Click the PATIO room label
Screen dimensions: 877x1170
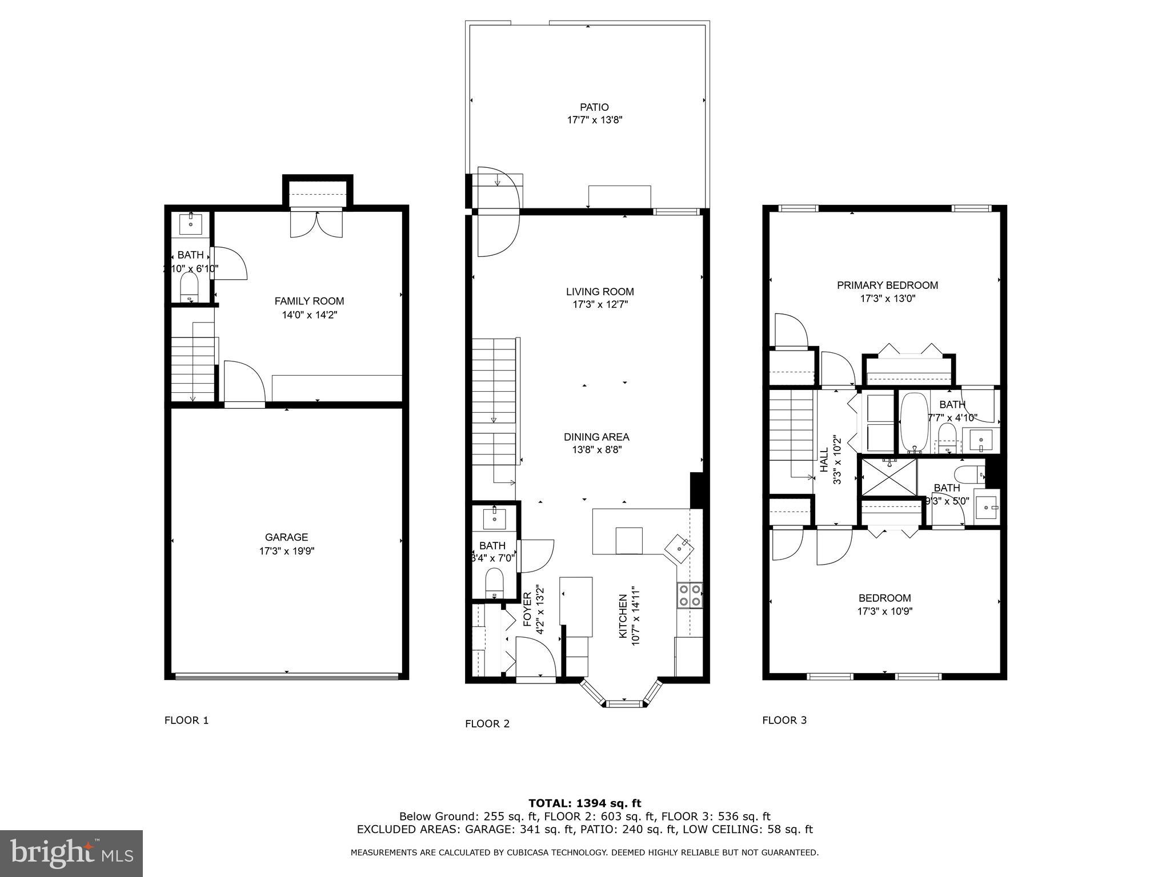tap(594, 107)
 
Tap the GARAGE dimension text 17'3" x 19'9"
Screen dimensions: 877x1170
tap(286, 551)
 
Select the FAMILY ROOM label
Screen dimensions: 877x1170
tap(309, 301)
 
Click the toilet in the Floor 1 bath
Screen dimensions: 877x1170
tap(189, 285)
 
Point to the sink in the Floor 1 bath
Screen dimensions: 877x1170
tap(190, 224)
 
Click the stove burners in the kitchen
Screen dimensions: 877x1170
tap(690, 595)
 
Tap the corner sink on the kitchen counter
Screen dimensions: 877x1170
tap(679, 546)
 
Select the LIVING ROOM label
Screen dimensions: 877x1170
tap(600, 291)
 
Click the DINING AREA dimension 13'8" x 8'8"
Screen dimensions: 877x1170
tap(596, 449)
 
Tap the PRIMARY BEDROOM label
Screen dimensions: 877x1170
tap(887, 285)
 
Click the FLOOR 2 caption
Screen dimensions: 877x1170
tap(487, 724)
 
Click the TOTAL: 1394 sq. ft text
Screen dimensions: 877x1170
tap(584, 803)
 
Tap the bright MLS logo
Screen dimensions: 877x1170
tap(71, 854)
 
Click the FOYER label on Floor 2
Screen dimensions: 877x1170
tap(527, 606)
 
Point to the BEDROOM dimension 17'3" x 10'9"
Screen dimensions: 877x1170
tap(884, 611)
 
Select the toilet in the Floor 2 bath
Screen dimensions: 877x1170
tap(494, 582)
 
